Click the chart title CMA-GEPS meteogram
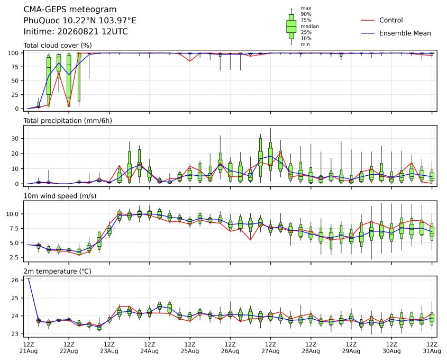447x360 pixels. pyautogui.click(x=70, y=10)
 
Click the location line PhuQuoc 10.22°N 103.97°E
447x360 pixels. pyautogui.click(x=80, y=21)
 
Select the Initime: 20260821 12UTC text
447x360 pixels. pyautogui.click(x=76, y=31)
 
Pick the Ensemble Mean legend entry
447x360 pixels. pyautogui.click(x=396, y=33)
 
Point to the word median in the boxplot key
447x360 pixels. pyautogui.click(x=309, y=26)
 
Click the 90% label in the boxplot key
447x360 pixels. pyautogui.click(x=306, y=14)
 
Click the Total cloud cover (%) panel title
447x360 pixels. pyautogui.click(x=58, y=46)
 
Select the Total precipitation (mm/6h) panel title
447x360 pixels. pyautogui.click(x=68, y=121)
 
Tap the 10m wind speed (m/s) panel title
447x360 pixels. pyautogui.click(x=60, y=196)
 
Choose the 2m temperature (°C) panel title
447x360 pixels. pyautogui.click(x=57, y=271)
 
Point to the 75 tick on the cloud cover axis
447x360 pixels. pyautogui.click(x=15, y=67)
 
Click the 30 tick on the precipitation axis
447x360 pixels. pyautogui.click(x=15, y=139)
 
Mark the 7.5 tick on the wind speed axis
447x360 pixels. pyautogui.click(x=14, y=229)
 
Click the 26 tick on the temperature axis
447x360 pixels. pyautogui.click(x=15, y=280)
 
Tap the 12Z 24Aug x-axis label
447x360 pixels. pyautogui.click(x=149, y=348)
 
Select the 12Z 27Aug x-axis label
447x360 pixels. pyautogui.click(x=270, y=348)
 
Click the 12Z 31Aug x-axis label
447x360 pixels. pyautogui.click(x=432, y=348)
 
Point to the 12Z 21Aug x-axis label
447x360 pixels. pyautogui.click(x=29, y=348)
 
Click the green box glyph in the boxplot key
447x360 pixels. pyautogui.click(x=291, y=26)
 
